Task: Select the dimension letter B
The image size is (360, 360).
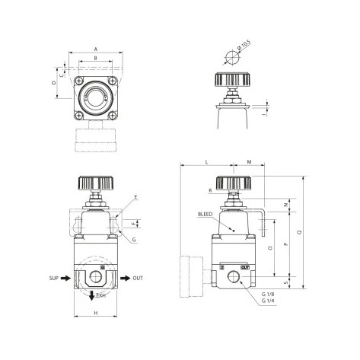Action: [x=95, y=57]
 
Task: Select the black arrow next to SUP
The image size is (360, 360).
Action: [x=67, y=279]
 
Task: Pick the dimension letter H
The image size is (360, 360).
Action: [x=95, y=314]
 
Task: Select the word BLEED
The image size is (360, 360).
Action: [x=205, y=215]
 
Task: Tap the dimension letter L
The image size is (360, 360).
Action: [x=206, y=162]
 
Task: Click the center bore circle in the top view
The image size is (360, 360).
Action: [x=95, y=100]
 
